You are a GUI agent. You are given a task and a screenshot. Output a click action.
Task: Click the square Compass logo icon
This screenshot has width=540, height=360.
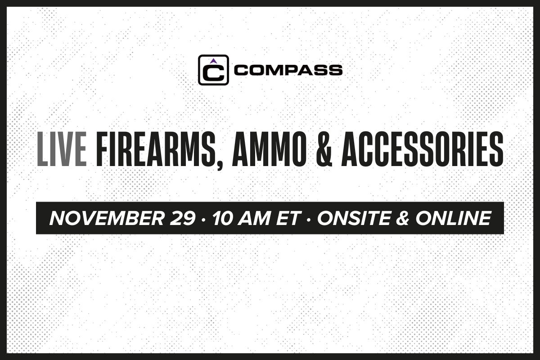click(x=213, y=70)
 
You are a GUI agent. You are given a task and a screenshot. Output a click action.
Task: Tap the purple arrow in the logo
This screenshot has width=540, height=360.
click(x=212, y=61)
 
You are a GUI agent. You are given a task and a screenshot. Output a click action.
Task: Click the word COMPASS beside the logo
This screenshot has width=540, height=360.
click(x=288, y=70)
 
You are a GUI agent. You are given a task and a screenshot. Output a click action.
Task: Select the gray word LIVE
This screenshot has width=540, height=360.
click(x=62, y=149)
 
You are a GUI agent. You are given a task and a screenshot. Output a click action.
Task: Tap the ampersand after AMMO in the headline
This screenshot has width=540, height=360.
click(x=324, y=149)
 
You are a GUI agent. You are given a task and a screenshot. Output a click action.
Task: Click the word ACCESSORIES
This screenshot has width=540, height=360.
click(x=423, y=149)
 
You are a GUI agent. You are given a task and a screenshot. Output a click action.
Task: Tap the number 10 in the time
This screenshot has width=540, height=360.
click(x=222, y=218)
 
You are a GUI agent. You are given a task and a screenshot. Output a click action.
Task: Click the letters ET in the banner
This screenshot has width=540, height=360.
click(x=288, y=218)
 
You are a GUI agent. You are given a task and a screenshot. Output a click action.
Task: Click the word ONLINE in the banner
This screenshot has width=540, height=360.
click(x=454, y=218)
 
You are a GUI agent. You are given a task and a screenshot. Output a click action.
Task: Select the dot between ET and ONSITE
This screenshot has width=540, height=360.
click(x=309, y=219)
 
